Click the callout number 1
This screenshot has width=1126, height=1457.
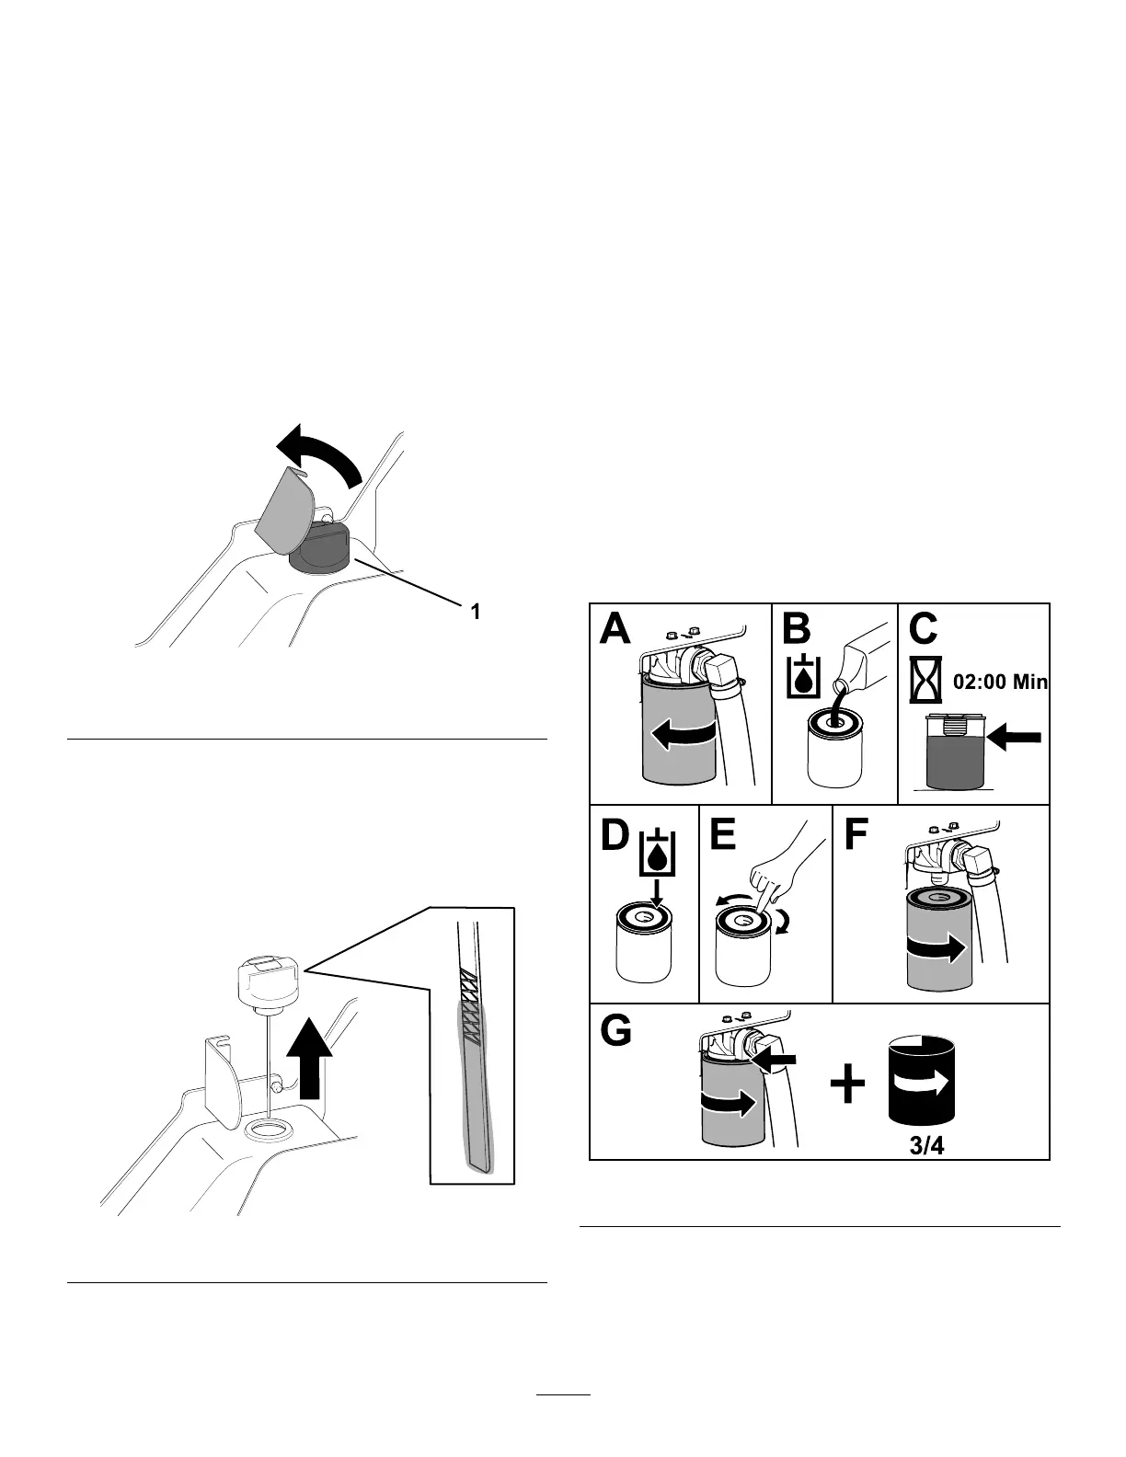click(475, 611)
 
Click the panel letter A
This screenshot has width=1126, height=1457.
click(615, 631)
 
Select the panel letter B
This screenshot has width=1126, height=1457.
click(797, 630)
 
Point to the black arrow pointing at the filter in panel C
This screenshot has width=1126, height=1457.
click(1016, 737)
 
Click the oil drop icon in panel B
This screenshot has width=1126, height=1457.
click(805, 677)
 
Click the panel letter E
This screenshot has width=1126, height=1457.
click(724, 836)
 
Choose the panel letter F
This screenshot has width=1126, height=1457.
click(856, 836)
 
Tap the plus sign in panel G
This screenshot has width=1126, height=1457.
click(848, 1085)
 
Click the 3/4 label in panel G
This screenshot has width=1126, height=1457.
click(922, 1146)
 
